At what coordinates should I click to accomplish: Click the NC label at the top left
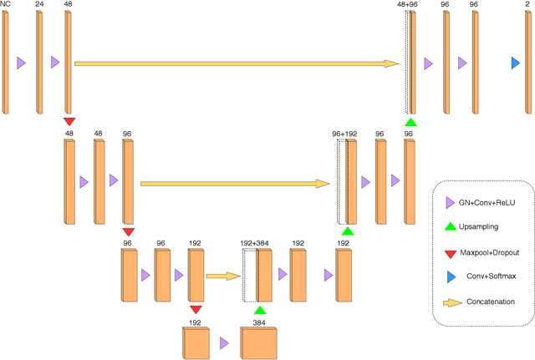tap(5, 5)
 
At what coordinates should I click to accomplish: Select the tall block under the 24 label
tap(39, 63)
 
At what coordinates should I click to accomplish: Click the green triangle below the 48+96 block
tap(410, 123)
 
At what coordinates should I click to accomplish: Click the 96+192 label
tap(345, 133)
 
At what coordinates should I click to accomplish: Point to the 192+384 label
tap(255, 242)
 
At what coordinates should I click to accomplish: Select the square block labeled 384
tap(258, 342)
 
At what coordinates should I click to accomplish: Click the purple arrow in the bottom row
tap(224, 342)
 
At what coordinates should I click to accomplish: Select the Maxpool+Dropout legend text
tap(489, 252)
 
